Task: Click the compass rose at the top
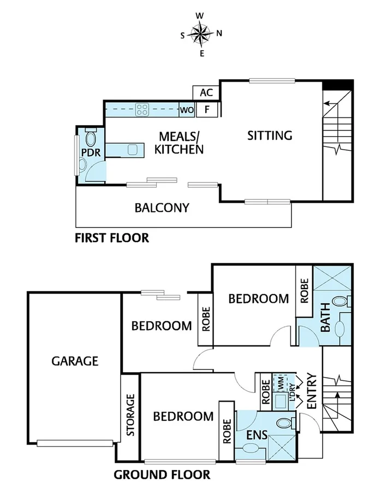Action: (x=201, y=34)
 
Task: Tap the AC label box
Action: (x=206, y=93)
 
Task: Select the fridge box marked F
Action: (x=207, y=109)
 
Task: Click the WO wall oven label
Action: (x=187, y=110)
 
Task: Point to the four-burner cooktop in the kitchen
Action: (x=142, y=109)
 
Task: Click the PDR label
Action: (x=91, y=152)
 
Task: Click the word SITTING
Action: (x=270, y=136)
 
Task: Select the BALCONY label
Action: (x=162, y=208)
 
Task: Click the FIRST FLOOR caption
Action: (x=112, y=238)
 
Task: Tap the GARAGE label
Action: (x=75, y=361)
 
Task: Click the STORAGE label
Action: (x=130, y=415)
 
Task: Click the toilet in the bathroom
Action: (x=341, y=301)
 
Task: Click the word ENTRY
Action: (x=312, y=391)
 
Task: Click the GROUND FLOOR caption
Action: (x=162, y=474)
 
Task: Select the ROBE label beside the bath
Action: (x=304, y=291)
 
